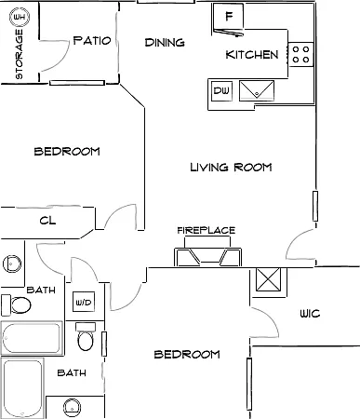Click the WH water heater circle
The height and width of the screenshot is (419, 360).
click(x=20, y=17)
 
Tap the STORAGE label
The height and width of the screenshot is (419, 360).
click(x=20, y=54)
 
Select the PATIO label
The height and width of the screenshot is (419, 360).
click(x=92, y=40)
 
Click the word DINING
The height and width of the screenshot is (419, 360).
click(x=165, y=42)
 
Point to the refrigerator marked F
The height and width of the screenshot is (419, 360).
click(x=228, y=16)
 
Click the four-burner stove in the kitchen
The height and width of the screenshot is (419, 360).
click(x=300, y=54)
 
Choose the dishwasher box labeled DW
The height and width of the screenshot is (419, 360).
click(x=221, y=90)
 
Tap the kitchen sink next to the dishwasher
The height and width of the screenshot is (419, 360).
click(x=257, y=90)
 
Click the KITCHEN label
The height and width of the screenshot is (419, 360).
click(x=252, y=55)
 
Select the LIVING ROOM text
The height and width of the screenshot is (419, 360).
click(x=231, y=168)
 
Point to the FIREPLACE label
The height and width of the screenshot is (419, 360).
click(x=207, y=230)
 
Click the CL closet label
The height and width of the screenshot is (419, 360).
click(x=47, y=221)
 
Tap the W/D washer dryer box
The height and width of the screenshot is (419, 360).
click(x=84, y=302)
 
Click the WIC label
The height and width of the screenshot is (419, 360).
click(x=310, y=314)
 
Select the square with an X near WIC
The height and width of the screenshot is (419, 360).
click(x=269, y=279)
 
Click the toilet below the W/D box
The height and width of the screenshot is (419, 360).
click(x=86, y=337)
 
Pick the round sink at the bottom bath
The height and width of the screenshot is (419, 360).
click(x=73, y=408)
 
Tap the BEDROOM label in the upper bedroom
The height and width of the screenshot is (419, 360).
click(x=67, y=152)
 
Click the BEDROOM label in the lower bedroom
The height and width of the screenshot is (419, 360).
click(x=187, y=354)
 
